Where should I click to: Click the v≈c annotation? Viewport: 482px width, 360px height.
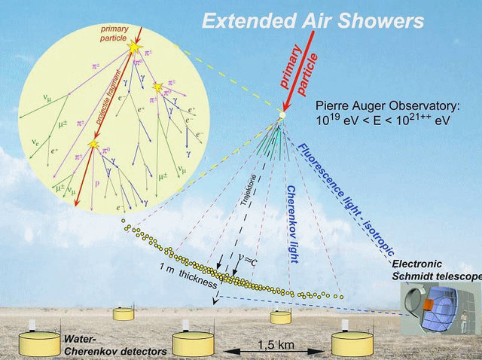246,261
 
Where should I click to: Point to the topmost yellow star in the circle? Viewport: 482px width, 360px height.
136,47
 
